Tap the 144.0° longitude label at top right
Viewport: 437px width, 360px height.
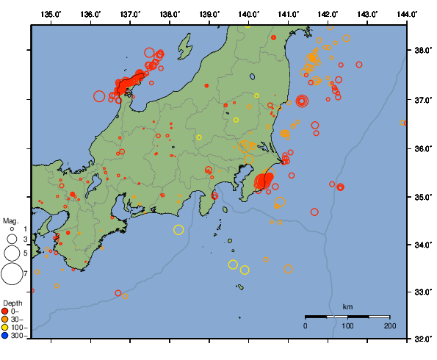pos(408,14)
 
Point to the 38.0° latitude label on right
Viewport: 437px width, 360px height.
pos(423,51)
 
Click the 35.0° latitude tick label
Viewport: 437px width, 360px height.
pos(423,197)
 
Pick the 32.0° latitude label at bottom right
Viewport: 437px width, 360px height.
pos(423,339)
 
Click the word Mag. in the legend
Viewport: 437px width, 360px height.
pos(10,220)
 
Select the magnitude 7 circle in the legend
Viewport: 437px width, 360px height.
pos(12,274)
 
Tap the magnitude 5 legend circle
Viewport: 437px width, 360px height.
pos(12,253)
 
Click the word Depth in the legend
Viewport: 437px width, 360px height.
pos(12,303)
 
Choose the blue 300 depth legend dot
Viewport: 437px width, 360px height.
pos(7,336)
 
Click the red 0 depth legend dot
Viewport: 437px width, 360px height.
pos(7,312)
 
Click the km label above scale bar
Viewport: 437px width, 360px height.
pos(347,306)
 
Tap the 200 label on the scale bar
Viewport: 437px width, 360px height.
pos(389,325)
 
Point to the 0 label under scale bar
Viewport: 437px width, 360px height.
pos(306,325)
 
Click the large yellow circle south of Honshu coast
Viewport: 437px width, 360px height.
pos(178,230)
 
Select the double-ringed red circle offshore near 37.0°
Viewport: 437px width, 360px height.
pos(302,101)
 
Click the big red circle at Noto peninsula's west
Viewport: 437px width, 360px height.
pos(99,96)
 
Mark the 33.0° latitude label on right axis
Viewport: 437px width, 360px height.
pos(423,292)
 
